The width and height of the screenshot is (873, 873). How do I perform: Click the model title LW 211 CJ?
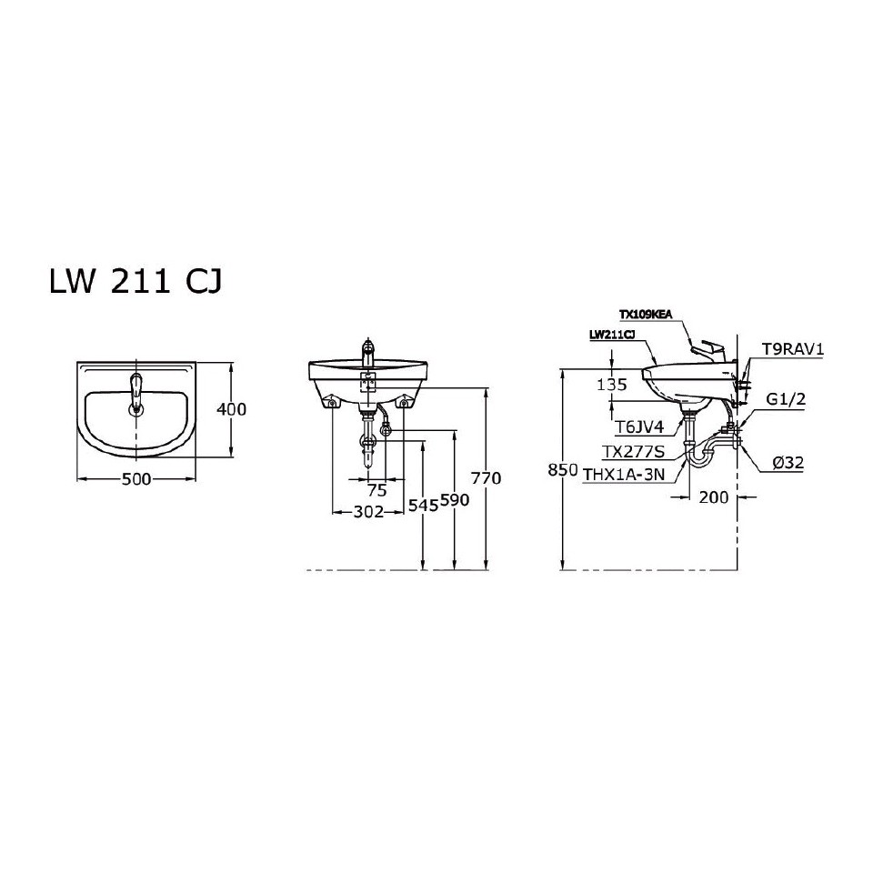point(134,282)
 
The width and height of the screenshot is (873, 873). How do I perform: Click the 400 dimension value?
point(232,409)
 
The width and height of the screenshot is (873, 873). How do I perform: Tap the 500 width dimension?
point(135,479)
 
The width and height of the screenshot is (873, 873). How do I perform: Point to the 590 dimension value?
point(455,503)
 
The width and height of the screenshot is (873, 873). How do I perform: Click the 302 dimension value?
point(366,512)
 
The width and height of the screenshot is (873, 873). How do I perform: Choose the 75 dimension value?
point(376,489)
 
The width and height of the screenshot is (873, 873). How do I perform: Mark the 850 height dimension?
point(564,470)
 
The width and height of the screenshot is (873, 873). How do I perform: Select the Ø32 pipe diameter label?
point(787,463)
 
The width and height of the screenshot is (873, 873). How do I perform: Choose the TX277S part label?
point(633,451)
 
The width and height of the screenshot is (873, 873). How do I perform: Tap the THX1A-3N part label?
point(624,473)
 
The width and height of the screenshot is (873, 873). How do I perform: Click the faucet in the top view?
point(136,393)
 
